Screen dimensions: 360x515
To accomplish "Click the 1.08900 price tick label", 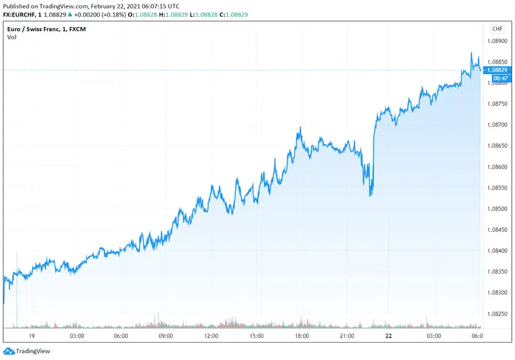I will coord(497,41).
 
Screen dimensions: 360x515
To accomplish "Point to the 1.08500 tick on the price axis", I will coord(497,209).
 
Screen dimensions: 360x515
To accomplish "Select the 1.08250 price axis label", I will coord(497,314).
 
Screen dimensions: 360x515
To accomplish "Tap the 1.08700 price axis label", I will coord(497,125).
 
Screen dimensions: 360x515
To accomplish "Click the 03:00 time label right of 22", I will coord(433,336).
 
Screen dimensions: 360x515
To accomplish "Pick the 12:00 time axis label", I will coord(211,336).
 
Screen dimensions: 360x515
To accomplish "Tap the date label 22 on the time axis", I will coord(388,336).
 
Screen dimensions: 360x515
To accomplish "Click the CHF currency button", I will coord(497,29).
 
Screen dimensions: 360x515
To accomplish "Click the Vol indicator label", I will coord(12,37).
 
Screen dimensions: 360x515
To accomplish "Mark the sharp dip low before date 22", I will coord(370,195).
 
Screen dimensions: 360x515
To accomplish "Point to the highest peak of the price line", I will coord(471,53).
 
